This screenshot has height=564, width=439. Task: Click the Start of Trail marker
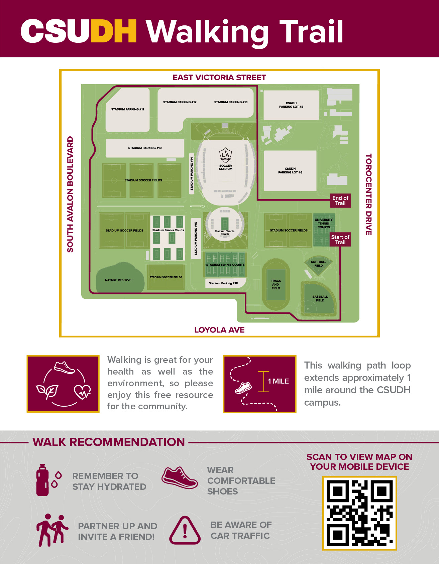click(340, 240)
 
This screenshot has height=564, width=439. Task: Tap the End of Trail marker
click(340, 200)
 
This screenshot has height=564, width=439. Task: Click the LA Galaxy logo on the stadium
click(226, 155)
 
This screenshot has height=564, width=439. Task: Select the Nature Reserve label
click(118, 280)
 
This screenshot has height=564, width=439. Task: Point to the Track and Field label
click(276, 284)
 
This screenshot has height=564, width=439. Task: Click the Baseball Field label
click(320, 298)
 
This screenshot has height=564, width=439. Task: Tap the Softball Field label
click(318, 264)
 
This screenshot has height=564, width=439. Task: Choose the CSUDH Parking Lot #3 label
click(291, 105)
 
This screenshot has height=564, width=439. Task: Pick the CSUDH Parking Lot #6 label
click(290, 170)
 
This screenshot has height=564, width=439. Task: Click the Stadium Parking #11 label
click(127, 109)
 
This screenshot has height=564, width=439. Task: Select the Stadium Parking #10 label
click(145, 148)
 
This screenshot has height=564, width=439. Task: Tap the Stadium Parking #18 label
click(223, 283)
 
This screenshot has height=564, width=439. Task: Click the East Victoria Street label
click(219, 78)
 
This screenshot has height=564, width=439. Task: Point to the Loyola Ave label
click(219, 330)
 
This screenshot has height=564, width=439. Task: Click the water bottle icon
click(43, 480)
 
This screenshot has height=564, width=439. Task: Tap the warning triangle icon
click(185, 530)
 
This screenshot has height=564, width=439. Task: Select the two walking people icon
click(51, 530)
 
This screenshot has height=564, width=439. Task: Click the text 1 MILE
click(278, 381)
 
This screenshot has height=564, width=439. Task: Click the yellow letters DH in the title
click(114, 31)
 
